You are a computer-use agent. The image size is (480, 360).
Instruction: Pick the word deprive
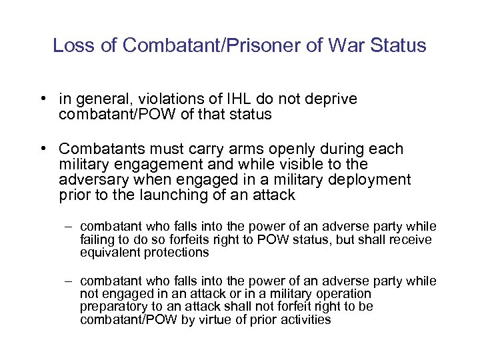pos(333,99)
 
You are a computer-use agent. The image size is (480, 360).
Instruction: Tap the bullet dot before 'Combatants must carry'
pos(42,149)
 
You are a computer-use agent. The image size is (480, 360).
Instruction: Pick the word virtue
pos(229,319)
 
